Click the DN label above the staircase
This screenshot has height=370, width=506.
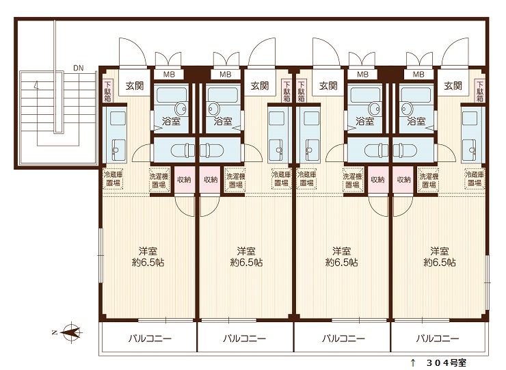coord(78,68)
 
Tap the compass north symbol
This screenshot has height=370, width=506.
coord(70,332)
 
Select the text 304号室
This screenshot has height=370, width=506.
coord(447,363)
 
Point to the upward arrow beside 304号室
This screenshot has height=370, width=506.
coord(413,362)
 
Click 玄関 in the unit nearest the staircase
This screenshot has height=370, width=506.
coord(134,86)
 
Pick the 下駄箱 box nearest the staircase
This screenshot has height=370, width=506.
coord(108,91)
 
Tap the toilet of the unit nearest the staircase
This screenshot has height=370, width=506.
coord(183,150)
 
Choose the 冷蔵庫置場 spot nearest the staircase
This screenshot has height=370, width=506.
coord(113,179)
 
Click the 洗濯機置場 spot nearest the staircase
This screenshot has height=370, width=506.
coord(159,181)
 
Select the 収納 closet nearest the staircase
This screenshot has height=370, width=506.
coord(184,180)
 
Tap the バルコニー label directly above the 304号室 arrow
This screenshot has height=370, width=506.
coord(437,339)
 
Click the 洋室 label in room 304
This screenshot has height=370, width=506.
coord(439,250)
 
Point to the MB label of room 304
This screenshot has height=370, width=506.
coord(418,75)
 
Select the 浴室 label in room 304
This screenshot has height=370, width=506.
coord(416,122)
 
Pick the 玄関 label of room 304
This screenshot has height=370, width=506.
coord(453,86)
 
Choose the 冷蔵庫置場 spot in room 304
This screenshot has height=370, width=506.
coord(475,179)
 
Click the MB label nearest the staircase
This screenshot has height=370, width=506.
coord(169,75)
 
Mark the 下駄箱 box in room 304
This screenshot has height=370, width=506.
coord(480,91)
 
